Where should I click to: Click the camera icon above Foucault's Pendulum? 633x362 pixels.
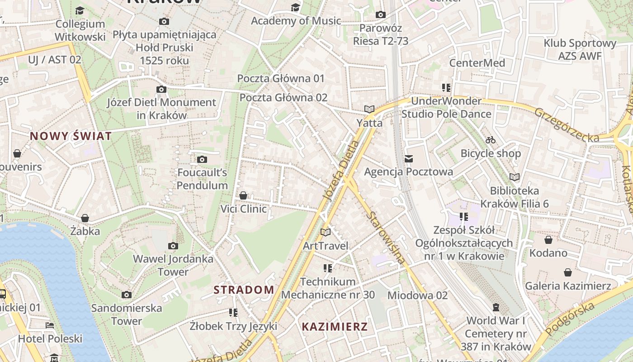click(202, 159)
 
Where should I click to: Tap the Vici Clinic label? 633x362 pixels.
click(243, 209)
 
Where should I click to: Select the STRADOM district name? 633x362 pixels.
click(244, 290)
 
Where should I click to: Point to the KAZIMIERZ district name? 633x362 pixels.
click(335, 327)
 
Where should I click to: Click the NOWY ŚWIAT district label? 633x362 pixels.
click(71, 136)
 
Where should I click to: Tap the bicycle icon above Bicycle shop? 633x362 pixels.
click(491, 140)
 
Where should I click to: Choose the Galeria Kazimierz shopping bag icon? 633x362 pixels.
click(568, 272)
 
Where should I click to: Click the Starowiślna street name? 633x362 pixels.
click(387, 237)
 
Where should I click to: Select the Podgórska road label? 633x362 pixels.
click(570, 319)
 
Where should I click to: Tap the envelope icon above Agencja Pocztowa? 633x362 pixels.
click(409, 158)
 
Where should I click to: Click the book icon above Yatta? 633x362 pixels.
click(369, 109)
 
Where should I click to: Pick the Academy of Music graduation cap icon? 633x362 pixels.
click(295, 7)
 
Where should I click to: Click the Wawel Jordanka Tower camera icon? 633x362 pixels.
click(173, 246)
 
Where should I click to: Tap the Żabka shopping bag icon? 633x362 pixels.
click(85, 218)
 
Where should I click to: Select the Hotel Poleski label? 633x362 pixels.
click(50, 338)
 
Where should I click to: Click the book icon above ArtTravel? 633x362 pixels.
click(326, 232)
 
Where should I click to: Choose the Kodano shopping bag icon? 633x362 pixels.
click(548, 240)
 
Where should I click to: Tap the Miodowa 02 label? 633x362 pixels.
click(417, 295)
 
